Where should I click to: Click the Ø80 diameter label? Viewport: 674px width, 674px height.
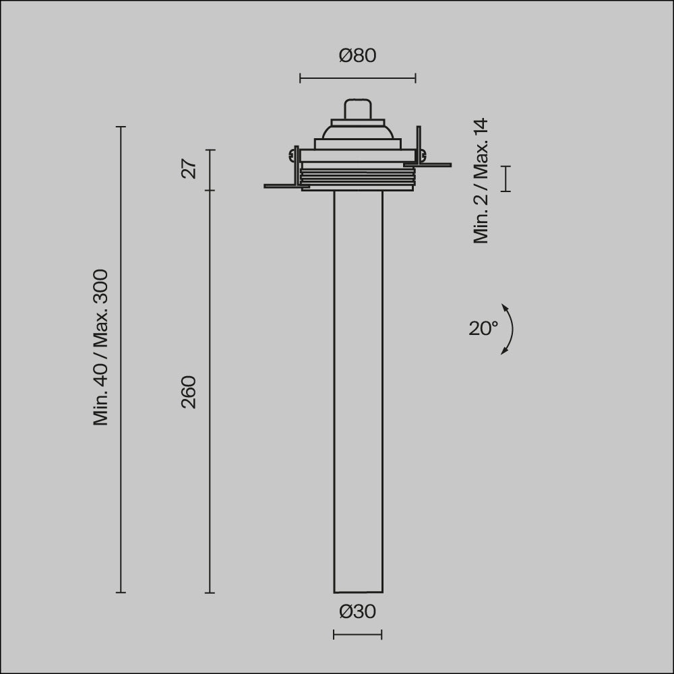coord(358,55)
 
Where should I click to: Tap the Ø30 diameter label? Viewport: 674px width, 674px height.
coord(358,611)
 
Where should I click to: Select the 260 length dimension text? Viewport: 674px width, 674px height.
coord(189,392)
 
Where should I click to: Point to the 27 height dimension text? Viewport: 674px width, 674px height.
coord(189,168)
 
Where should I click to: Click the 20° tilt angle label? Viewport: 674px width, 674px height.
coord(483,328)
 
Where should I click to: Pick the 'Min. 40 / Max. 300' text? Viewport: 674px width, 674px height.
coord(100,347)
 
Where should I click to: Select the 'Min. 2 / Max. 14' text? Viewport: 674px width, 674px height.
coord(481,181)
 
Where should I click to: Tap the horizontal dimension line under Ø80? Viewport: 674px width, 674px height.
coord(358,78)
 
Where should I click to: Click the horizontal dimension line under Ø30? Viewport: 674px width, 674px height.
coord(358,634)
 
